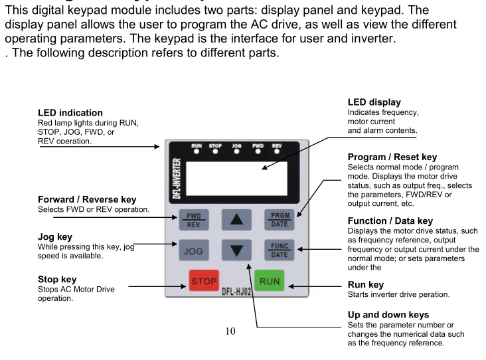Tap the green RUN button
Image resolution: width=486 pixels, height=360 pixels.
point(269,281)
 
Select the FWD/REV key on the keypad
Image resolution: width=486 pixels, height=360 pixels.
point(193,219)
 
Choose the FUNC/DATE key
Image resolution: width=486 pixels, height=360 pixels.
point(279,250)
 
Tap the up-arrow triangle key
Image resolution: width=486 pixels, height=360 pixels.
point(236,219)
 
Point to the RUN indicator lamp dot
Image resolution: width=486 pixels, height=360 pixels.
point(197,151)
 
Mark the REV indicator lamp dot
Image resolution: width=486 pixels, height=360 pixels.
point(277,151)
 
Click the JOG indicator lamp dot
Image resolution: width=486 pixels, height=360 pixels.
point(236,151)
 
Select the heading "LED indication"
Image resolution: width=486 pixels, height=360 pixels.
point(70,113)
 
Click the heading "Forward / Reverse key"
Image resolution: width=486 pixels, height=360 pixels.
point(87,199)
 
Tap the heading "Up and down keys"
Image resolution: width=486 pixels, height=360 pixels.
point(388,314)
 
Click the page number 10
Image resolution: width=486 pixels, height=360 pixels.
point(230,331)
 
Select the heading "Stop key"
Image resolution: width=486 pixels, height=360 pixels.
point(57,280)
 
